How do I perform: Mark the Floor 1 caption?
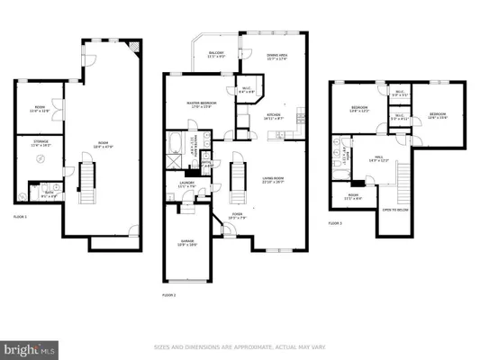pos(20,217)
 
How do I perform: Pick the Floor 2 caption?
pos(168,294)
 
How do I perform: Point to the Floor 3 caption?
pos(334,222)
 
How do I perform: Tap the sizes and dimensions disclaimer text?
pos(240,346)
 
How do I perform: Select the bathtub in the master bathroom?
pos(173,144)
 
